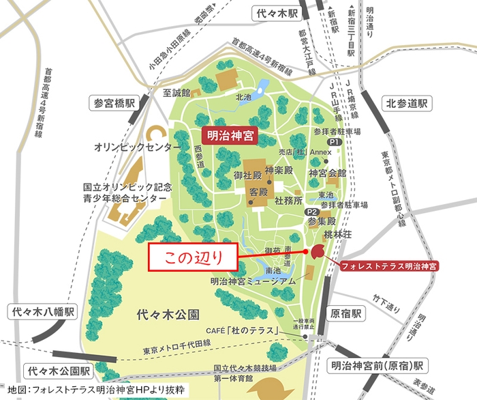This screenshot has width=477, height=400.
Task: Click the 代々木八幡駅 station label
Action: [x=43, y=312]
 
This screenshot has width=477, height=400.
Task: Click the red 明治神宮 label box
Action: [x=230, y=136]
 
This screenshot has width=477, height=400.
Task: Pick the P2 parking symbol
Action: [x=311, y=212]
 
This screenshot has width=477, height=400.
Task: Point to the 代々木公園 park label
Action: [x=167, y=315]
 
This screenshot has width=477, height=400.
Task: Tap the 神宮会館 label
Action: [x=327, y=173]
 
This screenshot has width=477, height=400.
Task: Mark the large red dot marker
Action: [x=318, y=251]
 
